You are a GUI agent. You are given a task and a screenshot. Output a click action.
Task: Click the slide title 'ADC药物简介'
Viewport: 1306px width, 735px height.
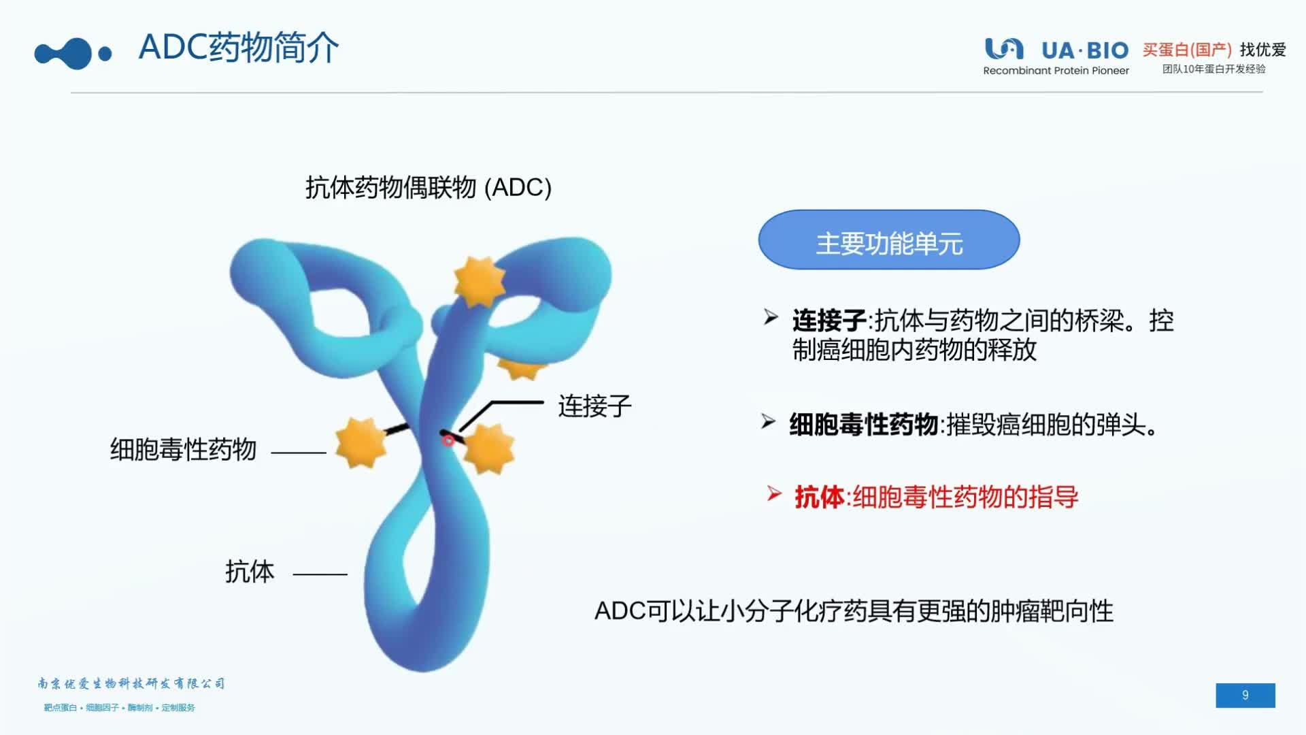click(238, 48)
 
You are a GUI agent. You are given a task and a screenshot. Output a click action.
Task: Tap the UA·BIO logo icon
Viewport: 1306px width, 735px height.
click(1004, 49)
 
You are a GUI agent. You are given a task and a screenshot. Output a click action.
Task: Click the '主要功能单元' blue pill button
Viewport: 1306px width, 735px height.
click(888, 240)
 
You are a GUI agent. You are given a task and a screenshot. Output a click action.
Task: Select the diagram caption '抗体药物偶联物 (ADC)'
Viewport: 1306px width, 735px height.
click(428, 188)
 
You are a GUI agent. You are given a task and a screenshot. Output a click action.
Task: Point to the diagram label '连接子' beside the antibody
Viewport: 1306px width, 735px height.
click(595, 406)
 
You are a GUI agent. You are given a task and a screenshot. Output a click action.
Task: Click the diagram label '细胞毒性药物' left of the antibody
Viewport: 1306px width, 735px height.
click(183, 450)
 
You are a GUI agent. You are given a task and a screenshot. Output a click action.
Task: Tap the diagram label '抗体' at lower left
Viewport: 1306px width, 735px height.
click(250, 572)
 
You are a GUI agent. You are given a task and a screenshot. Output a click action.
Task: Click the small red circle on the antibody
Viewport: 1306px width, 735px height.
click(448, 441)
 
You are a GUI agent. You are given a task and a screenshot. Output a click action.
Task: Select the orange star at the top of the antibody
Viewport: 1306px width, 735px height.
click(480, 280)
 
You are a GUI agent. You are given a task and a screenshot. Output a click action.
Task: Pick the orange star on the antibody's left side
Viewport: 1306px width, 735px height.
click(361, 442)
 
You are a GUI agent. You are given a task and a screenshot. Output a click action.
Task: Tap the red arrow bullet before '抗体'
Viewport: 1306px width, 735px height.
click(774, 493)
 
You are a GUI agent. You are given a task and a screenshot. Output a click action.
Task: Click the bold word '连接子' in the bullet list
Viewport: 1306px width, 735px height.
click(828, 321)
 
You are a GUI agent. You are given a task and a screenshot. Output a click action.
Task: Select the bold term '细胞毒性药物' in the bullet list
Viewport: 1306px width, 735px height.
click(864, 425)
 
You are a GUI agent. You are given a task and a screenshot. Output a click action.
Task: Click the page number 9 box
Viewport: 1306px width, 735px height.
click(1245, 695)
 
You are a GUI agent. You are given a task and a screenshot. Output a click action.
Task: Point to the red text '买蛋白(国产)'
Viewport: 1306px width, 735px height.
click(1187, 50)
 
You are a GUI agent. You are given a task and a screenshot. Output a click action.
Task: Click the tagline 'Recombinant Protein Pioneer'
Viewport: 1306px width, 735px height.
click(1056, 71)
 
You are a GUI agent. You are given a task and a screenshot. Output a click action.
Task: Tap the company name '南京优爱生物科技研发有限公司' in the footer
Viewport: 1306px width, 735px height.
click(131, 683)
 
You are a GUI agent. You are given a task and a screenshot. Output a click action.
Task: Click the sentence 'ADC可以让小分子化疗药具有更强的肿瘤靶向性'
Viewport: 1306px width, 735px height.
click(854, 611)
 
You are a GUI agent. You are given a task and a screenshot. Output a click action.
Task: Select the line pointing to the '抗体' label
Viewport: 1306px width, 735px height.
click(320, 574)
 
